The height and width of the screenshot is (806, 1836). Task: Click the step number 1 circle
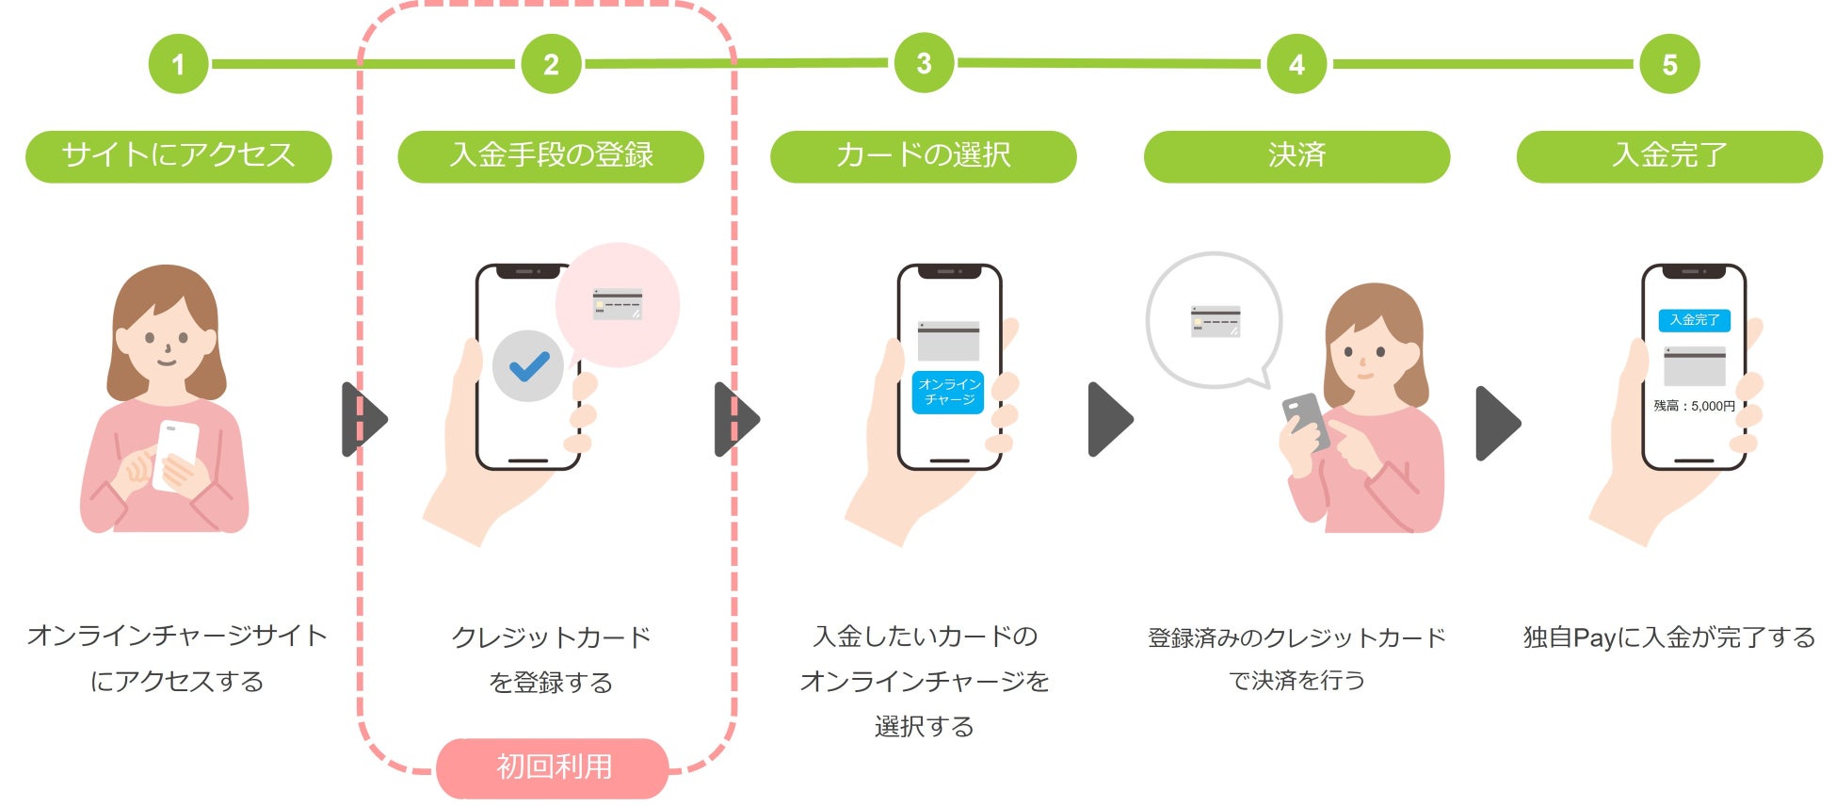coord(178,64)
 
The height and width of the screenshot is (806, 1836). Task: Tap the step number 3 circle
coord(924,63)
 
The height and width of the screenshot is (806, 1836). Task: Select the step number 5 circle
coord(1669,64)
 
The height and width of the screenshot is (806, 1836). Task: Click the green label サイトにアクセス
coord(178,155)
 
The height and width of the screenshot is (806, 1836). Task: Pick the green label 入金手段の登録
coord(551,155)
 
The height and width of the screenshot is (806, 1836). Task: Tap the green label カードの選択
coord(923,155)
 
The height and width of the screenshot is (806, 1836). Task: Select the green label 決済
coord(1296,155)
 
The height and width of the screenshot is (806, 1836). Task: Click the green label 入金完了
coord(1669,155)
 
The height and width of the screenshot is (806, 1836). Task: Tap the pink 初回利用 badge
coord(553,767)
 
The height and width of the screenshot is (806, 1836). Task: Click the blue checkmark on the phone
coord(528,366)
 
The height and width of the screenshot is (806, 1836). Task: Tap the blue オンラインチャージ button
coord(948,392)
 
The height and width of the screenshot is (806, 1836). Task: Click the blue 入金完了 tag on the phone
coord(1694,320)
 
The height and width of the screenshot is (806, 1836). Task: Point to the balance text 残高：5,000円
coord(1694,406)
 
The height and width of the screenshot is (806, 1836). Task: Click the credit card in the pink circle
coord(618,304)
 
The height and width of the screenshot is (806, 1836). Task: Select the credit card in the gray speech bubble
coord(1215,320)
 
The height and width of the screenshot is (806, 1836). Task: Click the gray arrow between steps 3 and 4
coord(1110,419)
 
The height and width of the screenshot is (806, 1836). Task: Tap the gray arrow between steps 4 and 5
coord(1497,423)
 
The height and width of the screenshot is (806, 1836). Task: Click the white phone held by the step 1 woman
coord(176,453)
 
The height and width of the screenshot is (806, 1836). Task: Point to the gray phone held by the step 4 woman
coord(1305,421)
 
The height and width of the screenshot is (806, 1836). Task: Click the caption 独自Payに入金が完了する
coord(1669,637)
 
